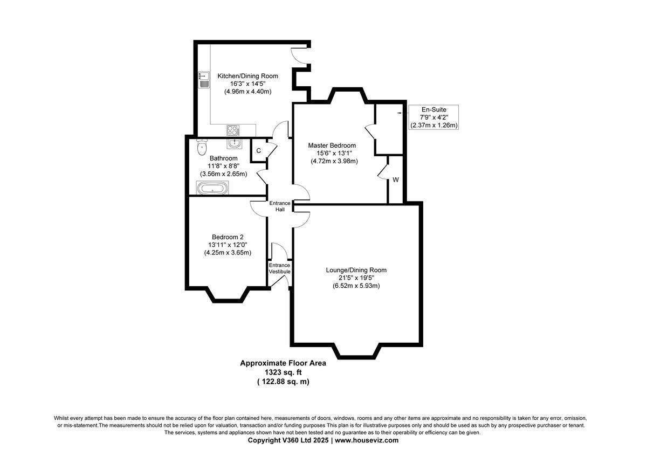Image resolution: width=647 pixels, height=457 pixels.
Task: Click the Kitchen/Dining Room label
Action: pyautogui.click(x=247, y=76)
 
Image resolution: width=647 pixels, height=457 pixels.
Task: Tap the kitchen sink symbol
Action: pyautogui.click(x=204, y=80)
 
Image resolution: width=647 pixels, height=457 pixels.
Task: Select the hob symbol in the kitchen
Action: pyautogui.click(x=233, y=130)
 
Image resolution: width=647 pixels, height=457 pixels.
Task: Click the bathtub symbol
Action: pyautogui.click(x=213, y=188)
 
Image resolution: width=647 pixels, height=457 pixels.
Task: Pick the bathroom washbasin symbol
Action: pyautogui.click(x=235, y=143)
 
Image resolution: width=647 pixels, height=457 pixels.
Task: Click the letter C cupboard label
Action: pyautogui.click(x=259, y=151)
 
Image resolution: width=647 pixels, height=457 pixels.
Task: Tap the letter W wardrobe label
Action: pyautogui.click(x=395, y=180)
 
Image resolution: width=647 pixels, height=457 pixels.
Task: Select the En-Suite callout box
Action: pyautogui.click(x=433, y=117)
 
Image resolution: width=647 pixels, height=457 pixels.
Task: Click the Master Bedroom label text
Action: pyautogui.click(x=332, y=146)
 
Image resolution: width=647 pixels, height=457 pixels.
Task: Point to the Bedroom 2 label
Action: pyautogui.click(x=228, y=237)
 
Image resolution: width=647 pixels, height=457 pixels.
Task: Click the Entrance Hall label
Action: pyautogui.click(x=280, y=206)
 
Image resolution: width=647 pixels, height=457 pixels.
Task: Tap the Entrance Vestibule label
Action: pyautogui.click(x=280, y=268)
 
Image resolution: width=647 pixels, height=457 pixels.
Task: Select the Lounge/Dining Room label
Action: pyautogui.click(x=356, y=270)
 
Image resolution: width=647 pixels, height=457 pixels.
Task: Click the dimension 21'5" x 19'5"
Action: pyautogui.click(x=356, y=278)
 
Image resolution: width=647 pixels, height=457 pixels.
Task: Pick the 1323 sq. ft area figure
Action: pyautogui.click(x=283, y=372)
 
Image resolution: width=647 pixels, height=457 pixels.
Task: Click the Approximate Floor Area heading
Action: pyautogui.click(x=283, y=363)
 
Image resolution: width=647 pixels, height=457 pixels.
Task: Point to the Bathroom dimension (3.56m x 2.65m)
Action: pyautogui.click(x=223, y=174)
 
